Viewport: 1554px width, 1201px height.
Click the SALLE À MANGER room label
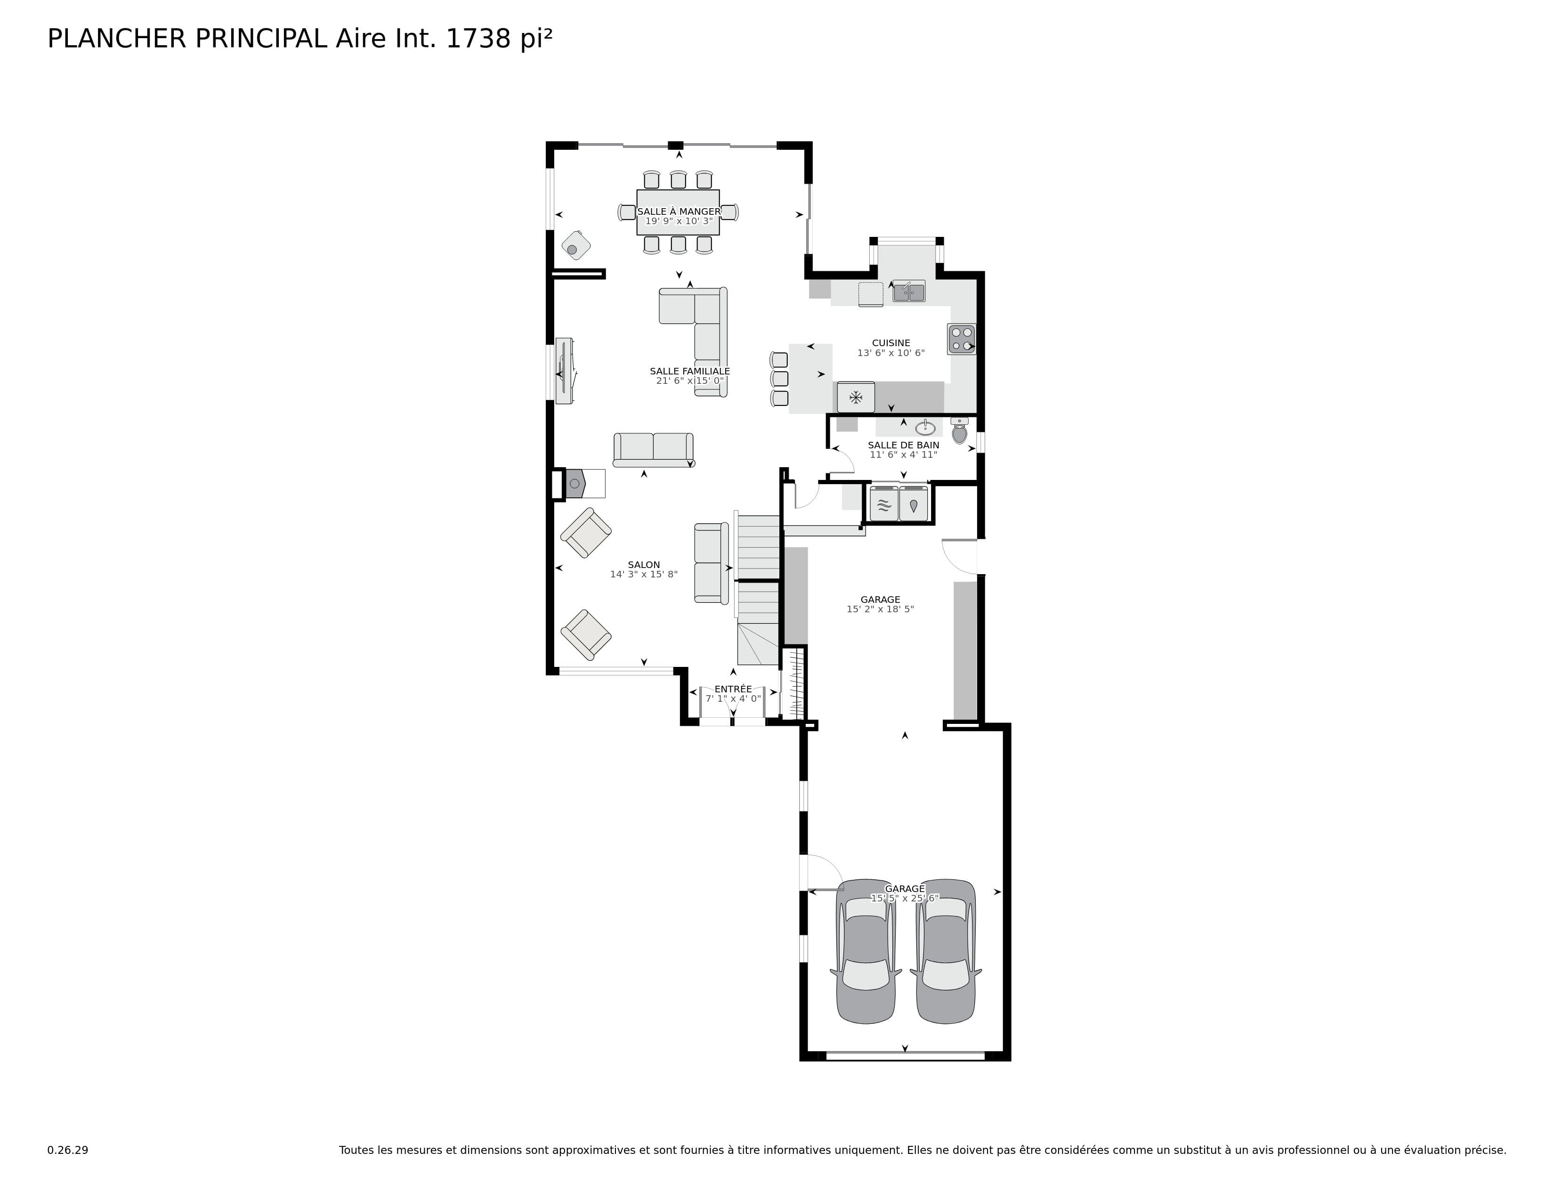(679, 211)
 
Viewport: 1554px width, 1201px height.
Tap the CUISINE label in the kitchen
(891, 343)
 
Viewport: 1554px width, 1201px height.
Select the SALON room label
(644, 565)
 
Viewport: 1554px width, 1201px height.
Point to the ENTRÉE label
(733, 689)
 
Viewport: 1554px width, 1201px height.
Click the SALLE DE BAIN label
(904, 446)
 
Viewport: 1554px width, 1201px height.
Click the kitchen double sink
(909, 292)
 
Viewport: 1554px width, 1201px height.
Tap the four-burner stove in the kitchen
(961, 339)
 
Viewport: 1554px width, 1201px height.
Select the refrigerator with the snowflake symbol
(856, 397)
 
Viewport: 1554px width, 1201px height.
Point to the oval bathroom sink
(925, 428)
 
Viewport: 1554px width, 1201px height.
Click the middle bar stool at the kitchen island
(780, 379)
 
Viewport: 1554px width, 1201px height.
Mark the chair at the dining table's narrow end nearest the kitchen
(729, 212)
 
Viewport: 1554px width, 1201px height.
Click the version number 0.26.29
(68, 1150)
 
